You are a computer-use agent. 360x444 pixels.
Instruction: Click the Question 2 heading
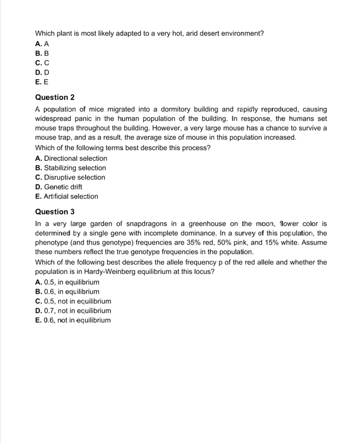click(x=52, y=97)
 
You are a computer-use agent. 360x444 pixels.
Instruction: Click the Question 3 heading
click(x=52, y=211)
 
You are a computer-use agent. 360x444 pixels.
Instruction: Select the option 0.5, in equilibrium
click(x=67, y=283)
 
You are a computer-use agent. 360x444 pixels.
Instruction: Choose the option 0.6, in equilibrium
click(x=67, y=292)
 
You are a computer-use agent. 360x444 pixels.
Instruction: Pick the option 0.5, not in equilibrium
click(x=73, y=301)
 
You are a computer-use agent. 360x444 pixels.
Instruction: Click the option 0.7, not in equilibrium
click(x=73, y=311)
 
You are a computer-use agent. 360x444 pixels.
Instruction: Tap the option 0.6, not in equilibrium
click(x=73, y=320)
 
